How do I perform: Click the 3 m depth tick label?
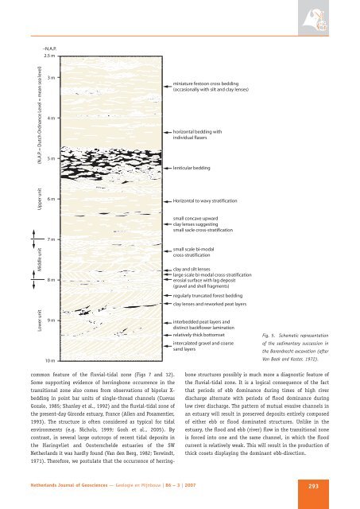(50, 78)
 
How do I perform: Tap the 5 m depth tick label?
(50, 158)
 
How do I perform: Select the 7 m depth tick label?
(50, 239)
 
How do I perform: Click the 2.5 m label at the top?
(49, 55)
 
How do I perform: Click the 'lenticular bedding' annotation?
(192, 169)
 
